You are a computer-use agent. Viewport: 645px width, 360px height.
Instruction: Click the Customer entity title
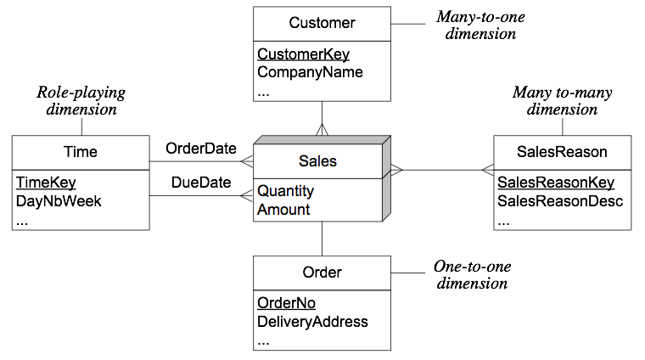pyautogui.click(x=322, y=23)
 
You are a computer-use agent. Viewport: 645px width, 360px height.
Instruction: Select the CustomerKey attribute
pyautogui.click(x=303, y=54)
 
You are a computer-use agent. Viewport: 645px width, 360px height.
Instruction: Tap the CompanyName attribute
pyautogui.click(x=310, y=72)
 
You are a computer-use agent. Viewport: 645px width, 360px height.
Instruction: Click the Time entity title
pyautogui.click(x=81, y=152)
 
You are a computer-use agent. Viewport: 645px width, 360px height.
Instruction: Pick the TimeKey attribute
pyautogui.click(x=46, y=183)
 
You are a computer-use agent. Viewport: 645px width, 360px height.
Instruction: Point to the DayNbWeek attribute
pyautogui.click(x=59, y=201)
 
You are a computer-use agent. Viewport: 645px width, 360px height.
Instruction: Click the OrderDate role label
pyautogui.click(x=201, y=149)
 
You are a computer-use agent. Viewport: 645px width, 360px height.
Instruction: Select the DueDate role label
pyautogui.click(x=201, y=183)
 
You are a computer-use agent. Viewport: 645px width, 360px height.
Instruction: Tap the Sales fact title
pyautogui.click(x=317, y=161)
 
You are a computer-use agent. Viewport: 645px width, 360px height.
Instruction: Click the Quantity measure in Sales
pyautogui.click(x=285, y=191)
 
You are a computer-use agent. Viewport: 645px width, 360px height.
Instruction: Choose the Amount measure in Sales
pyautogui.click(x=283, y=210)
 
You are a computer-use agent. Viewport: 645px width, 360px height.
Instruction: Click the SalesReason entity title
pyautogui.click(x=562, y=152)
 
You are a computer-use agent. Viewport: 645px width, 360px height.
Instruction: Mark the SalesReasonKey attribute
pyautogui.click(x=556, y=183)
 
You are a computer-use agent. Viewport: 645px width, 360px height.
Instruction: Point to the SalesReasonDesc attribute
pyautogui.click(x=560, y=201)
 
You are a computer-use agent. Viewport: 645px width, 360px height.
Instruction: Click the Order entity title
pyautogui.click(x=322, y=273)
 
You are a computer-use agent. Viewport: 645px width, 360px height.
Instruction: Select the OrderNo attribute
pyautogui.click(x=286, y=303)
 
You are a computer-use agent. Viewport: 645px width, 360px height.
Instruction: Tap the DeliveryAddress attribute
pyautogui.click(x=312, y=322)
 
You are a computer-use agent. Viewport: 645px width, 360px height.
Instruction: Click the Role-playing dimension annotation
pyautogui.click(x=81, y=101)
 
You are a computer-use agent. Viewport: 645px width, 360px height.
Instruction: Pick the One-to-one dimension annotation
pyautogui.click(x=472, y=275)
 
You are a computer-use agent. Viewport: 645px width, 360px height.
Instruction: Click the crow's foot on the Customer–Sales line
pyautogui.click(x=322, y=129)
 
